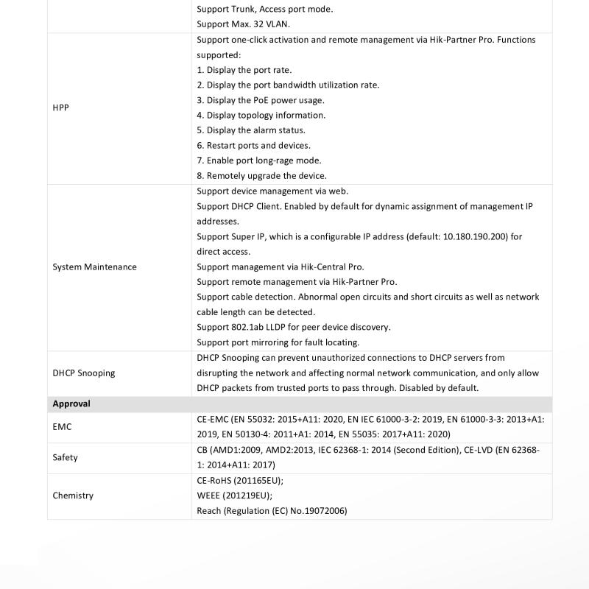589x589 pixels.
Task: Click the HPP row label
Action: coord(60,107)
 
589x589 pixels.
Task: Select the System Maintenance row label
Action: coord(94,267)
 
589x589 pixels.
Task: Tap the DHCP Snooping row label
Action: coord(84,373)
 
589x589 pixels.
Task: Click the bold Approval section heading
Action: coord(71,403)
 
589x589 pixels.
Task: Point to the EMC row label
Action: coord(62,426)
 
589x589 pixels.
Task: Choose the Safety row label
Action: coord(65,457)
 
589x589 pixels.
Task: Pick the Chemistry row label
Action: coord(73,495)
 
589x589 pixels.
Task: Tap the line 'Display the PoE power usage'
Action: coord(261,100)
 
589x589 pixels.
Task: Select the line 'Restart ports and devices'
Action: coord(254,145)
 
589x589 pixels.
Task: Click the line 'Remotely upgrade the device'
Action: coord(261,175)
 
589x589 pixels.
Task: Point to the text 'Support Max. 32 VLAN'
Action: coord(244,24)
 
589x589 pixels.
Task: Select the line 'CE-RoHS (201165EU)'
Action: coord(240,480)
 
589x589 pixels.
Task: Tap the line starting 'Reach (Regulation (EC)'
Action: coord(272,510)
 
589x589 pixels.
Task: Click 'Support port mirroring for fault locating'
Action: coord(278,342)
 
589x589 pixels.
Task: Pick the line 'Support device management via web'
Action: coord(272,191)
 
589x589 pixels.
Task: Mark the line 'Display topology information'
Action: coord(261,115)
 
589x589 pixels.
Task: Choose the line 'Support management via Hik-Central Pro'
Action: coord(281,267)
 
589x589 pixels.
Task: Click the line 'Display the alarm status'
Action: coord(251,130)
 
